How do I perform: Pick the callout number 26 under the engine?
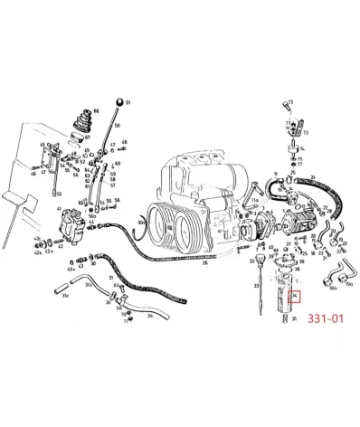(204, 263)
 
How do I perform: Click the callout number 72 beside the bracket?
(305, 132)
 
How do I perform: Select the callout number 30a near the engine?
(142, 221)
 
